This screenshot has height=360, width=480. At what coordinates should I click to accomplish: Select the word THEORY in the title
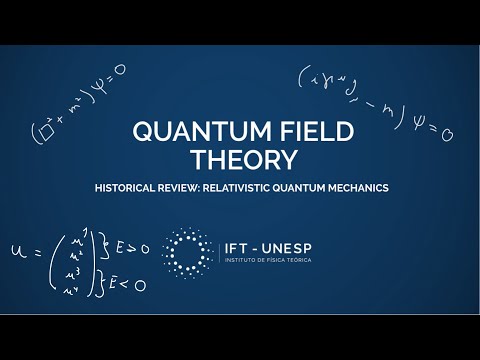(x=240, y=160)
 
